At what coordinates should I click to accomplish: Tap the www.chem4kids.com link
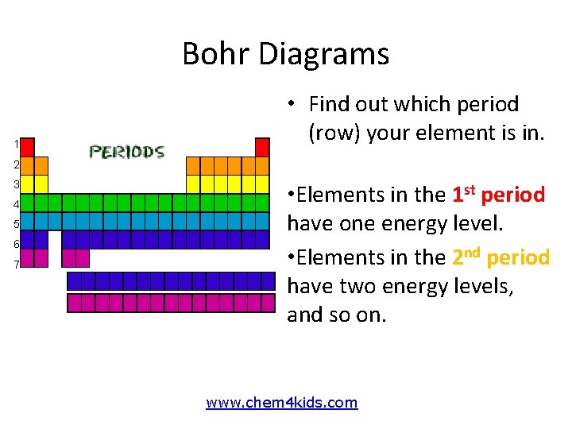(282, 403)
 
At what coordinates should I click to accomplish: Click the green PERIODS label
(126, 151)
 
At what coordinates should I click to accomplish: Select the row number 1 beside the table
(16, 145)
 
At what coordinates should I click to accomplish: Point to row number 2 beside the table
(16, 165)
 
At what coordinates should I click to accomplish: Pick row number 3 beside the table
(16, 185)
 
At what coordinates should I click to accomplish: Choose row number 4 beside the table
(16, 205)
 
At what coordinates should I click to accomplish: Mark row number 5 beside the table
(16, 224)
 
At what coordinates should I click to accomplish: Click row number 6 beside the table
(16, 244)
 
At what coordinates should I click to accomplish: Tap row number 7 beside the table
(16, 264)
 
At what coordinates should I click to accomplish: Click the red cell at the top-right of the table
(262, 147)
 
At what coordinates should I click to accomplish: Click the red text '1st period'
(498, 195)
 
